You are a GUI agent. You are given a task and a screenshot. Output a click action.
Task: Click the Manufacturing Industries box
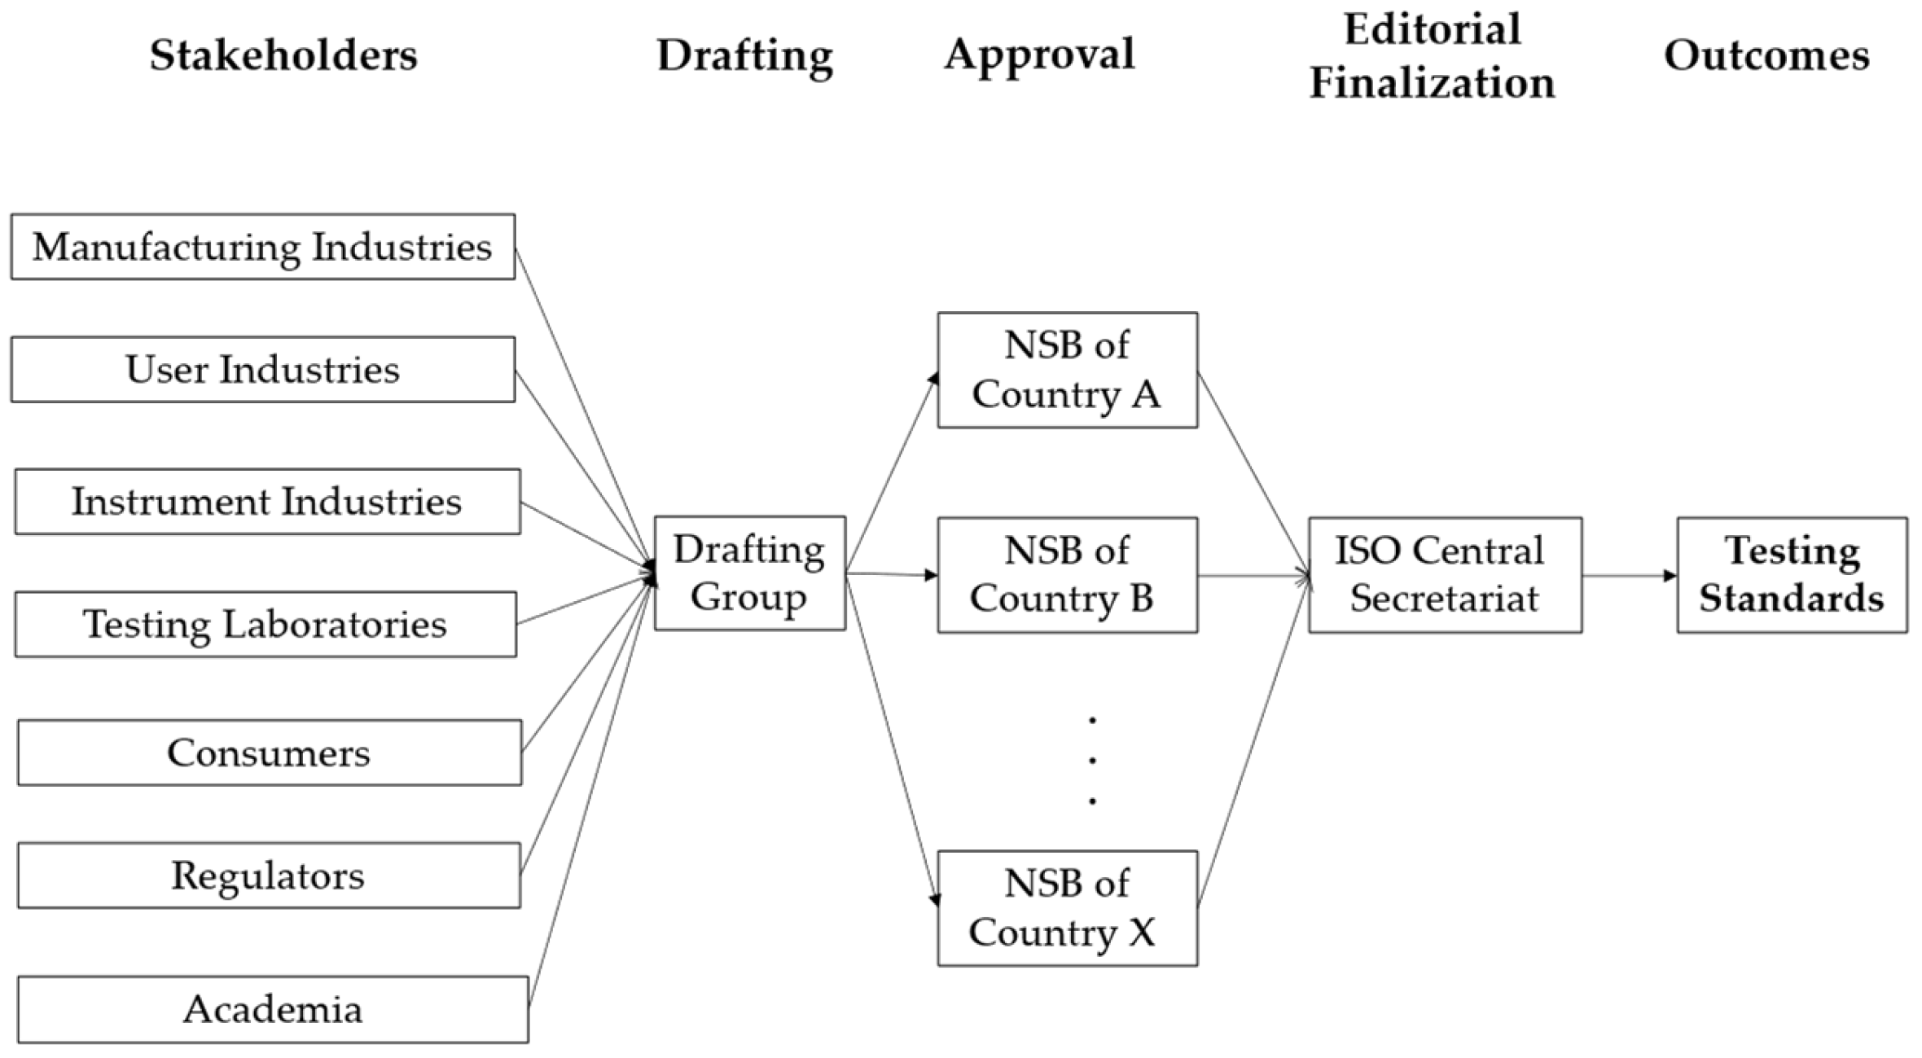(262, 247)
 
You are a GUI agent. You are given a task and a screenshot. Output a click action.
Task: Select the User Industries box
(262, 369)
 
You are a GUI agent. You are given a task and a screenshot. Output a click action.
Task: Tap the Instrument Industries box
(267, 501)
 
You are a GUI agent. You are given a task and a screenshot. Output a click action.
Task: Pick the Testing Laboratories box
(265, 624)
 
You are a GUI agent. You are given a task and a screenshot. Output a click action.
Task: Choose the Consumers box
(269, 752)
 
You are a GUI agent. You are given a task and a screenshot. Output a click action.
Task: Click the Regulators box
(269, 876)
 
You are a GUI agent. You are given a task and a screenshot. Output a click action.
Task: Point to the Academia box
(273, 1009)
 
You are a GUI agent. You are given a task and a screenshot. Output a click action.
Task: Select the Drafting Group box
(749, 573)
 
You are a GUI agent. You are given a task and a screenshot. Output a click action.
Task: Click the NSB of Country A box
(1067, 370)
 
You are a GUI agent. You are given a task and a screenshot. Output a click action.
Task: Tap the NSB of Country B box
(1067, 574)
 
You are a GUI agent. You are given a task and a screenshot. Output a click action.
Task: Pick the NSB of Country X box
(1067, 908)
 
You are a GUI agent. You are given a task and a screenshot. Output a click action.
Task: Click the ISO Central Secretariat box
(1445, 574)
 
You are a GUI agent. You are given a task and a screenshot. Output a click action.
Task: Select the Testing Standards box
(1792, 574)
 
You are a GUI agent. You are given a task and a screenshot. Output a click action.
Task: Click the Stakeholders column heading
(283, 55)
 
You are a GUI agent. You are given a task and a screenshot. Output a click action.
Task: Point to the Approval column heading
(1039, 55)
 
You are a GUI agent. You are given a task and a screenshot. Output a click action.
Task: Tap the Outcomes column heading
(1766, 55)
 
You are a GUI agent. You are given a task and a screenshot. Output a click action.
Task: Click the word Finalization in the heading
(1432, 83)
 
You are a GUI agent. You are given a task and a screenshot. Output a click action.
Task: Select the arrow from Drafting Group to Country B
(892, 574)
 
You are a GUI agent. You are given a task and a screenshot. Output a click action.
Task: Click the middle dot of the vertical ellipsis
(1092, 760)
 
